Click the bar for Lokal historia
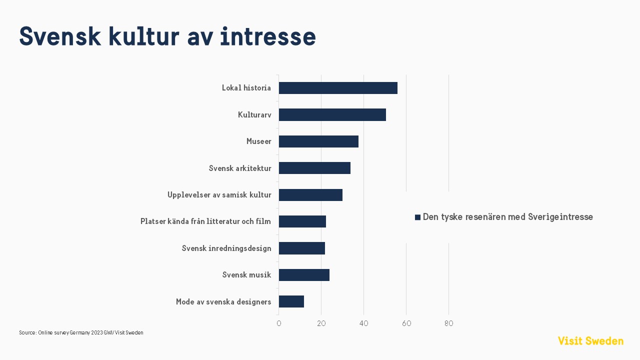338,88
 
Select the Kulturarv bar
332,114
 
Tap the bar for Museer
318,141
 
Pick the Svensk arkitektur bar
314,168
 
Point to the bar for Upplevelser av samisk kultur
310,195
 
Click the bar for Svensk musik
304,275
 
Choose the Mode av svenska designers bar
291,301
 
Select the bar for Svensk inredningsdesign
302,248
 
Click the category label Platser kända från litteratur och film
205,221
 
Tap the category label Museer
259,141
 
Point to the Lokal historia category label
246,88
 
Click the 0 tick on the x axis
279,323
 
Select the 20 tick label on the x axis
321,323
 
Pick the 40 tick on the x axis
364,323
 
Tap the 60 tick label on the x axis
406,323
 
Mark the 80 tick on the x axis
449,323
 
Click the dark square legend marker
417,217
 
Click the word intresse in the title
268,37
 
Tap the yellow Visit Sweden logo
590,341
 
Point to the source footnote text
81,332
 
